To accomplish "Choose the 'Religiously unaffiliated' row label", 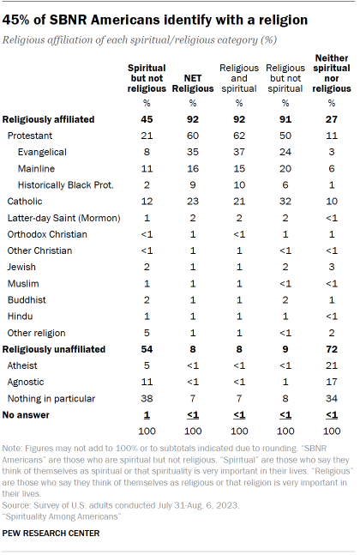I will pos(56,350).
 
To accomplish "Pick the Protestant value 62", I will pos(239,136).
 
